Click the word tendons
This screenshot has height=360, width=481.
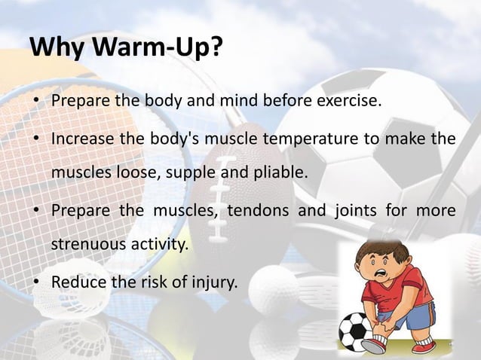[x=256, y=210]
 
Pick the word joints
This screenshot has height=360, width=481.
[x=354, y=210]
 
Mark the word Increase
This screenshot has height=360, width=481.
[x=82, y=139]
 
